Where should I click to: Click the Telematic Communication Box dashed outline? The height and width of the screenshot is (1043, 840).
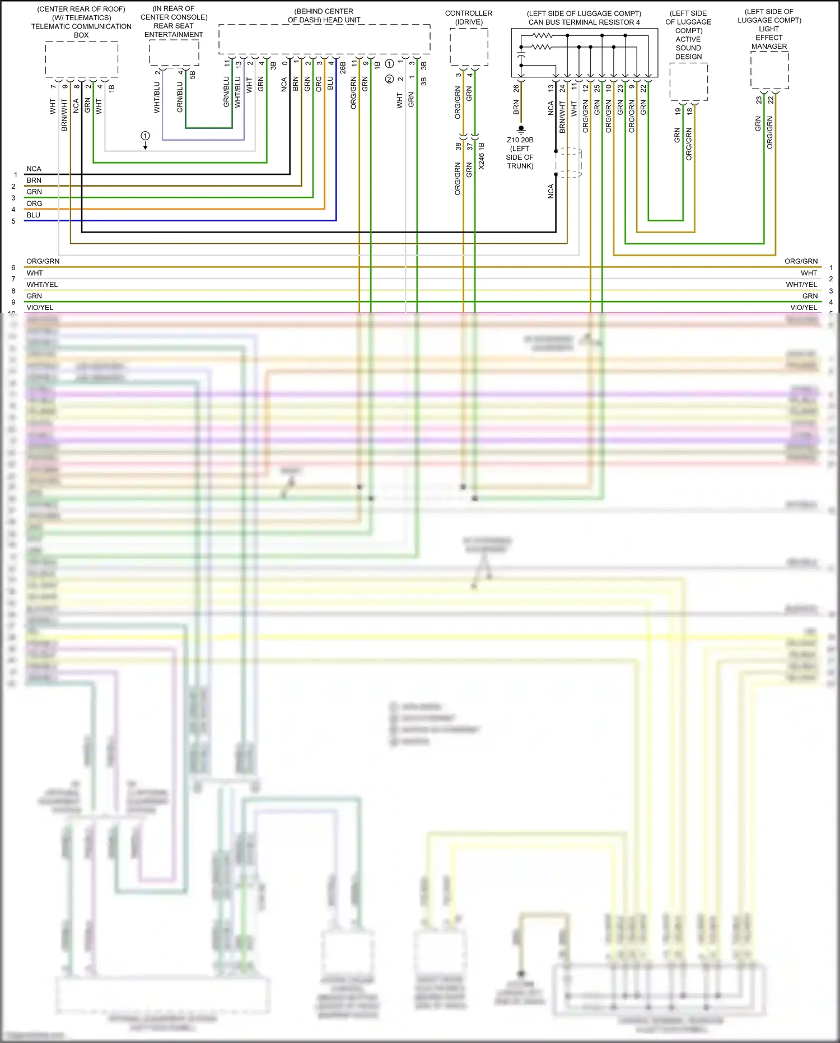click(x=81, y=59)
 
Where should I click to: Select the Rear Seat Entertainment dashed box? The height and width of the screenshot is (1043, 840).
click(x=174, y=53)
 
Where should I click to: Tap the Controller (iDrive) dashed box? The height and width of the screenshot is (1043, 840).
click(x=469, y=47)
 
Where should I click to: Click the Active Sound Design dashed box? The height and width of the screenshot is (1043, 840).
click(x=688, y=82)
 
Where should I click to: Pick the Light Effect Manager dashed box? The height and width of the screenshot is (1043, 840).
click(x=769, y=70)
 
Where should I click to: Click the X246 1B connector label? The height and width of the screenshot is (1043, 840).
click(x=481, y=156)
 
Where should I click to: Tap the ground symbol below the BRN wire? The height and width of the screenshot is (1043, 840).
click(x=521, y=129)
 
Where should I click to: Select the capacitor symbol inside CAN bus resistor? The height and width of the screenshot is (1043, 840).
click(x=521, y=57)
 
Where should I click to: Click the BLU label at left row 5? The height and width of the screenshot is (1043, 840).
click(x=34, y=215)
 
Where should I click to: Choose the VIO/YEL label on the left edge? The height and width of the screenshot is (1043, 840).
click(x=40, y=308)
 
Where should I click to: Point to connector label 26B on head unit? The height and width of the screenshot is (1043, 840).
click(x=343, y=68)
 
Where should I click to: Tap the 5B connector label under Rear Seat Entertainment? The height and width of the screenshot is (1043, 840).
click(x=192, y=74)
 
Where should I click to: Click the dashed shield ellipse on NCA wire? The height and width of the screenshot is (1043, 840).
click(x=569, y=163)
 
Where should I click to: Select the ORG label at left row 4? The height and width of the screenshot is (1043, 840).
click(x=34, y=203)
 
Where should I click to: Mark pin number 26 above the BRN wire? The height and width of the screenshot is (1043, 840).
click(x=516, y=88)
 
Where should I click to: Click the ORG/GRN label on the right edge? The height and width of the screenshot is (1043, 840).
click(x=801, y=261)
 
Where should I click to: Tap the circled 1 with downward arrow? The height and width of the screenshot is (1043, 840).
click(x=145, y=136)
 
